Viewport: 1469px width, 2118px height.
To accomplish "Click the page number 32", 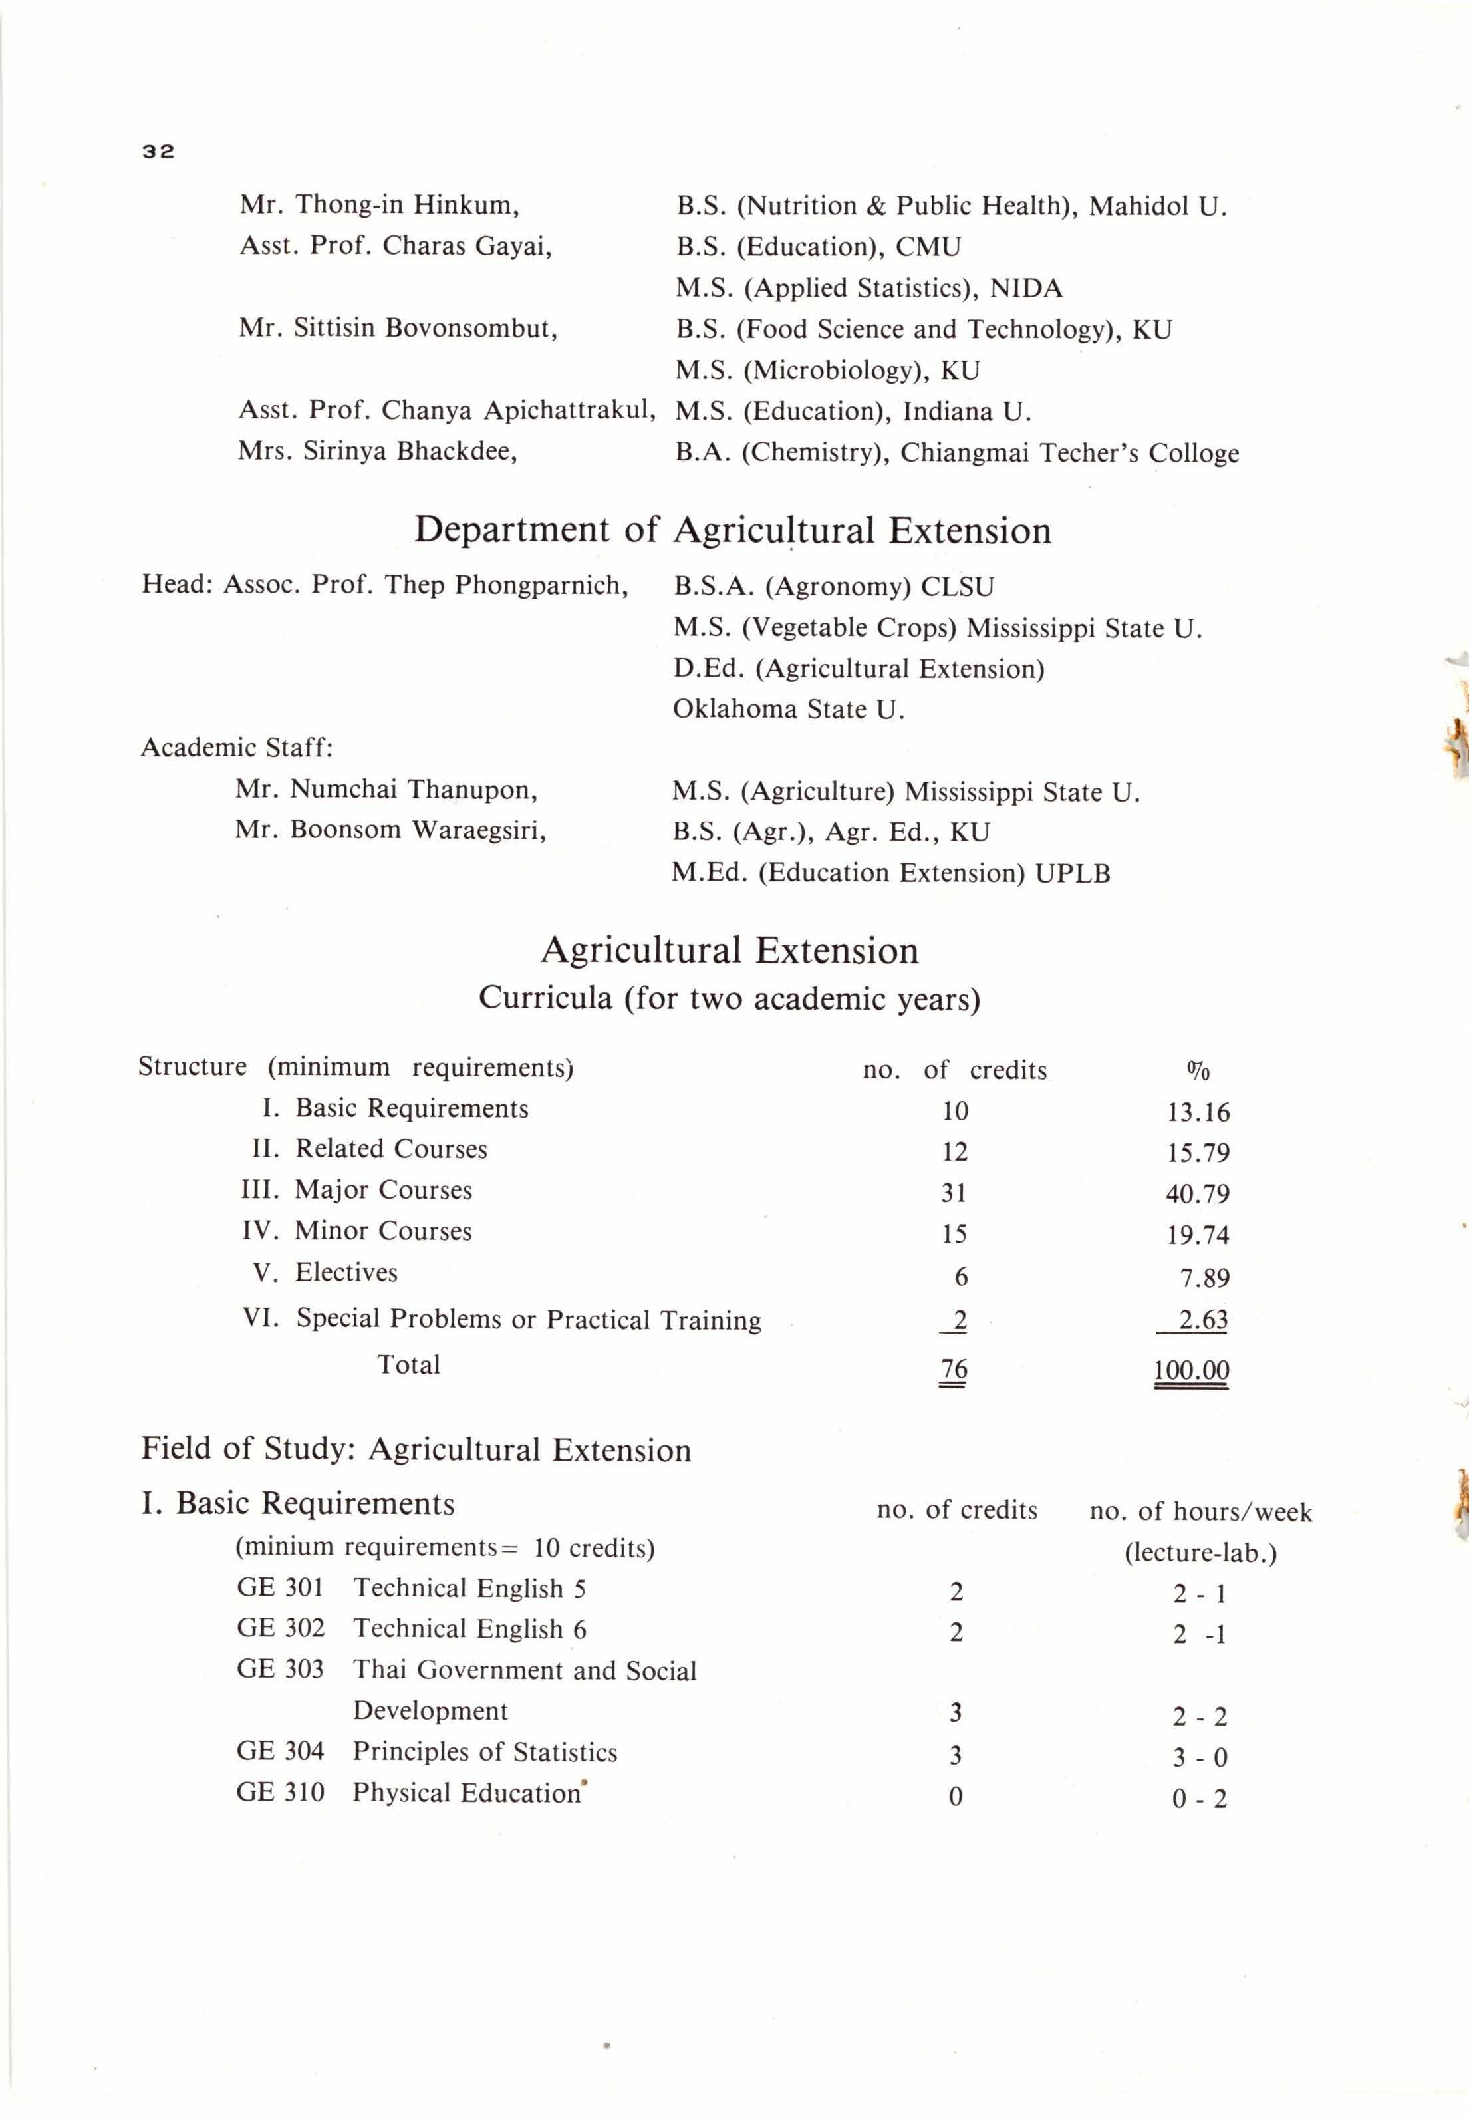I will (x=158, y=152).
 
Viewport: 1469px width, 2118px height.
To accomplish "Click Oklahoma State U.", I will (x=788, y=710).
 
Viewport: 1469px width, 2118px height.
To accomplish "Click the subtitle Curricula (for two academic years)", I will (x=729, y=998).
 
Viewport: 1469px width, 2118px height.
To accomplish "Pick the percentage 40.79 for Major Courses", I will (x=1198, y=1194).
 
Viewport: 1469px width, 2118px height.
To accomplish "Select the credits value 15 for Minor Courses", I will (x=954, y=1235).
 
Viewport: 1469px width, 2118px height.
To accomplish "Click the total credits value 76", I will (x=954, y=1369).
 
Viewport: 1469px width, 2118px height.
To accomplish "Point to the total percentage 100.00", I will (x=1191, y=1370).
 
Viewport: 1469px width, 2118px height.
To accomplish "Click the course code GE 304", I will (x=280, y=1751).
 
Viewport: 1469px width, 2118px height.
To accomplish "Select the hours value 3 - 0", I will (x=1199, y=1758).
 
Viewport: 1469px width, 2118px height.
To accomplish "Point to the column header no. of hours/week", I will (x=1200, y=1511).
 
